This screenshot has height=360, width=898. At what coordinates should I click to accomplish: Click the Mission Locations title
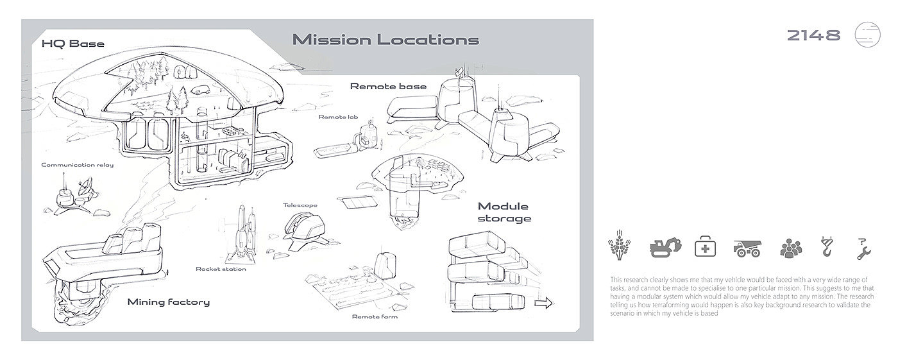pyautogui.click(x=385, y=40)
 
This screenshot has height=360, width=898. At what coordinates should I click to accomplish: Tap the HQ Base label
pyautogui.click(x=72, y=44)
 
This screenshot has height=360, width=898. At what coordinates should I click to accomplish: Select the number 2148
pyautogui.click(x=813, y=36)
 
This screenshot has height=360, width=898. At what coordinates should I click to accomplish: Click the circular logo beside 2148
pyautogui.click(x=868, y=35)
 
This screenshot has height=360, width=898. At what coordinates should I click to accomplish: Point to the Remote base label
pyautogui.click(x=388, y=87)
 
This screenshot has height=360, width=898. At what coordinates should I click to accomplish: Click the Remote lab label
pyautogui.click(x=338, y=117)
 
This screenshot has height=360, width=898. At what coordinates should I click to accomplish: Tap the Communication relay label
pyautogui.click(x=77, y=165)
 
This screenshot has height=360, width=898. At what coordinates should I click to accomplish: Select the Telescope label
pyautogui.click(x=300, y=205)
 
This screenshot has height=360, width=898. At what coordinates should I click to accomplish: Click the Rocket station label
pyautogui.click(x=221, y=269)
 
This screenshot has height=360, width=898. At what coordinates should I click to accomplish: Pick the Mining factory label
pyautogui.click(x=168, y=302)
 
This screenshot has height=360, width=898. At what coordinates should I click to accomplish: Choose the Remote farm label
pyautogui.click(x=375, y=316)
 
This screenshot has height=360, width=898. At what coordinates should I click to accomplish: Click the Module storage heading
pyautogui.click(x=504, y=212)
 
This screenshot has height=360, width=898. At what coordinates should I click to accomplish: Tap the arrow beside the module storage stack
pyautogui.click(x=543, y=304)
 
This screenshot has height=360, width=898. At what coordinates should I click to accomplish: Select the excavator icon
pyautogui.click(x=665, y=247)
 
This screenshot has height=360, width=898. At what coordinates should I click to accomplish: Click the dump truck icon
pyautogui.click(x=747, y=248)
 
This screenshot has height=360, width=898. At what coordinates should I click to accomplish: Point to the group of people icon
pyautogui.click(x=791, y=248)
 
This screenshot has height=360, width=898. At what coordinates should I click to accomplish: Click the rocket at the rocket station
pyautogui.click(x=240, y=232)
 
